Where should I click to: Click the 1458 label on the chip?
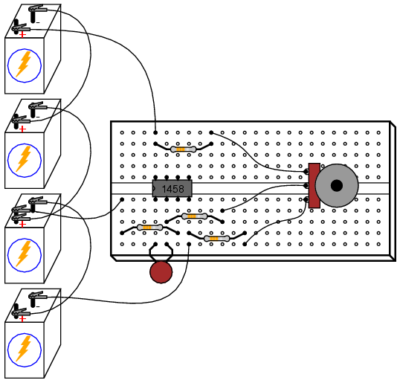[172, 189]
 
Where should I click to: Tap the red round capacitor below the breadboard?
[161, 272]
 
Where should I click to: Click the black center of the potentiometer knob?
[337, 185]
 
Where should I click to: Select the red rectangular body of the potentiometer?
[314, 185]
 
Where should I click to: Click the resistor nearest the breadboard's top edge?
[183, 149]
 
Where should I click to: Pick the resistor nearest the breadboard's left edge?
[149, 228]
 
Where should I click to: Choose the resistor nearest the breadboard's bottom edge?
[216, 239]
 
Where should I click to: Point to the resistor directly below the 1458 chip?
[194, 216]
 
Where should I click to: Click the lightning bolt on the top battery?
[24, 64]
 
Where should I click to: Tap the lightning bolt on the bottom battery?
[24, 349]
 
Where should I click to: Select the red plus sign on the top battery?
[23, 34]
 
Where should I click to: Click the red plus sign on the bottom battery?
[23, 319]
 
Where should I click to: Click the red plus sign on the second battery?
[23, 129]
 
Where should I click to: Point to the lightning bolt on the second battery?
[24, 158]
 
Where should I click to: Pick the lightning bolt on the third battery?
[24, 254]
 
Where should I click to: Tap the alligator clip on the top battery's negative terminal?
[37, 9]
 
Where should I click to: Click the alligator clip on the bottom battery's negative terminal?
[37, 296]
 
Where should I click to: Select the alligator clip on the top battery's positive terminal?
[21, 28]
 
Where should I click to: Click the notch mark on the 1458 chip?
[154, 189]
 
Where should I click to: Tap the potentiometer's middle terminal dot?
[306, 185]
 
